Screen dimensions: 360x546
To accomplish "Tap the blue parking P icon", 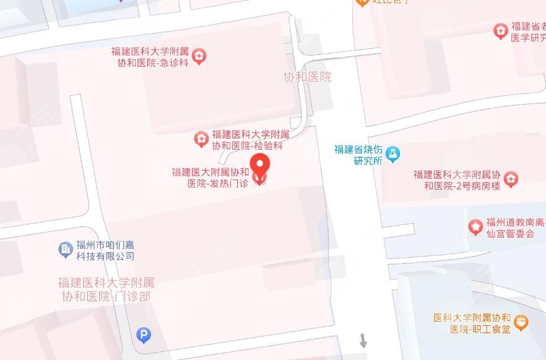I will (x=144, y=336).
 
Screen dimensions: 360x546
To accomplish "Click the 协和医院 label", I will (x=307, y=77).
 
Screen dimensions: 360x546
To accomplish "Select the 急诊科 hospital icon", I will (x=199, y=57).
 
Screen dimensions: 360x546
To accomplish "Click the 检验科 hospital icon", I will (x=201, y=139).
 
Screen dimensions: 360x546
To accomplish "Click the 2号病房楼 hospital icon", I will (x=511, y=180).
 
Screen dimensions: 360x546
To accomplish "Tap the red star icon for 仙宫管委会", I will (x=475, y=228).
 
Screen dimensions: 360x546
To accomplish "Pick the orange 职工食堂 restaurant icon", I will (x=522, y=322).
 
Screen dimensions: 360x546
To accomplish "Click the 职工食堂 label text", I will (x=472, y=323).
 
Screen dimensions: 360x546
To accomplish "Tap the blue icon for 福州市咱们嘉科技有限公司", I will (x=65, y=249).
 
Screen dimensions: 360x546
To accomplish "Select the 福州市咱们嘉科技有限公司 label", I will (x=105, y=250).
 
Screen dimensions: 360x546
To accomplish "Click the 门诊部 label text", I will (x=106, y=289).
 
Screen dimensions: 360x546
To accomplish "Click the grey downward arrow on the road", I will (x=363, y=340).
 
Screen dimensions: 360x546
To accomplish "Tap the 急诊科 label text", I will (x=149, y=57).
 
